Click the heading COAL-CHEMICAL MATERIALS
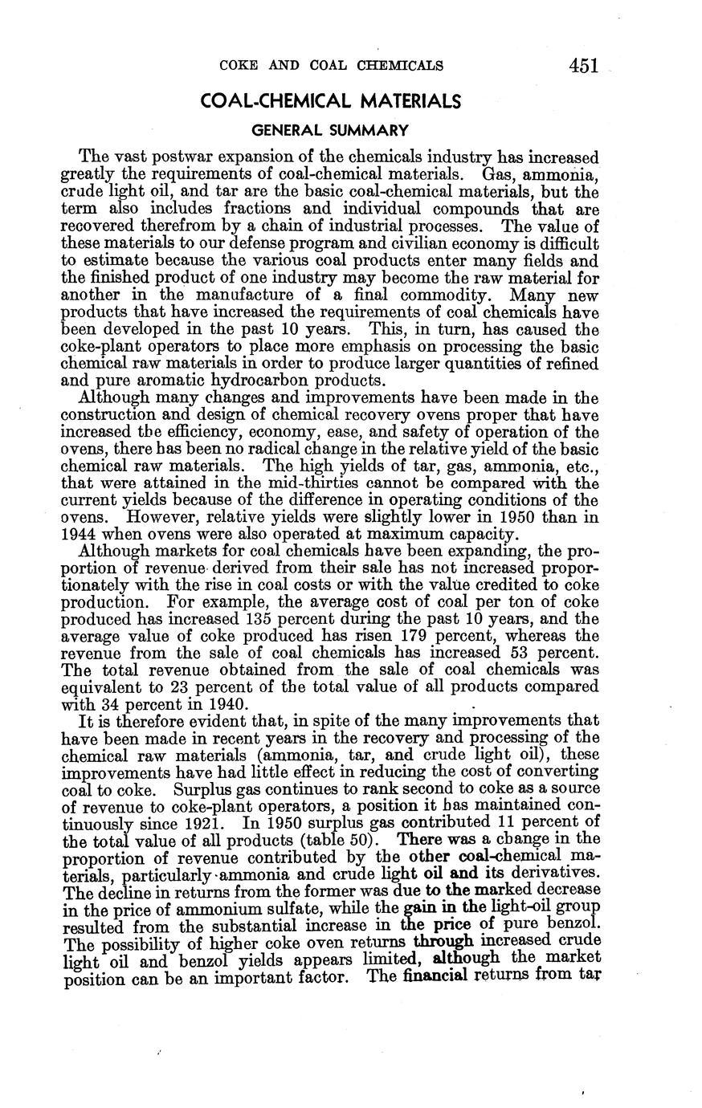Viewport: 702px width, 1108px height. tap(330, 101)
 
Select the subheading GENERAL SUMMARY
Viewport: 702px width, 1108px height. tap(330, 129)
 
